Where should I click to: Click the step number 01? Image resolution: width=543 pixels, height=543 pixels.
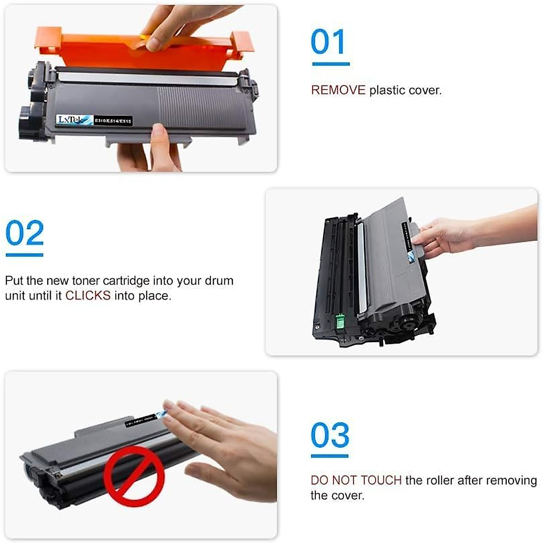coord(329,42)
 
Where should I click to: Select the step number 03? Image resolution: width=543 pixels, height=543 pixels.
coord(330,435)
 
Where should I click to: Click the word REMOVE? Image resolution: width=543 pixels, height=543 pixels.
coord(338,90)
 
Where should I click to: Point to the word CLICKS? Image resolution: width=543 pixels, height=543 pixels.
coord(88,296)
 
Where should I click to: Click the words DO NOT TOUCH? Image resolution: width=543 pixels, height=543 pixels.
coord(356,480)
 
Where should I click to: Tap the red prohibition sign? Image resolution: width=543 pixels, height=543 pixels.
coord(134,476)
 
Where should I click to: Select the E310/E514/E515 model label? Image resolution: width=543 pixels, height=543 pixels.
coord(113,121)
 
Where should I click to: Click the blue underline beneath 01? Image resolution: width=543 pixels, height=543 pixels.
coord(331,64)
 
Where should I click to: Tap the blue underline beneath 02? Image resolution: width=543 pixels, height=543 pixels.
coord(24,255)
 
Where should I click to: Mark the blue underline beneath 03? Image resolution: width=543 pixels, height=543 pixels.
coord(329,456)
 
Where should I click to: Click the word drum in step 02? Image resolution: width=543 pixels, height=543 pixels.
coord(219,281)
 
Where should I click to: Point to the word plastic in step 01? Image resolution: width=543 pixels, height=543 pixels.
coord(387,90)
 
